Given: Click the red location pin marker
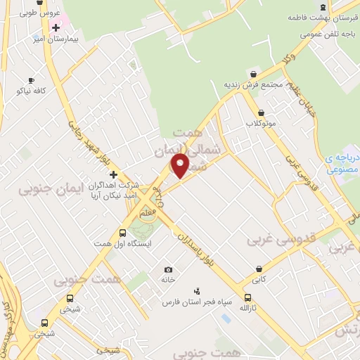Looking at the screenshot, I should click(x=180, y=165).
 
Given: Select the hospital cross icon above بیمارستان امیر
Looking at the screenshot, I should click(x=56, y=27).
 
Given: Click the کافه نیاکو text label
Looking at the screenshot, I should click(x=33, y=91).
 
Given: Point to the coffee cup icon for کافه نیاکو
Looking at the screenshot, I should click(x=31, y=81).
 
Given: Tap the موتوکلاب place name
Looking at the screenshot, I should click(x=262, y=123).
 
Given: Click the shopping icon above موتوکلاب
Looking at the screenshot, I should click(x=262, y=112).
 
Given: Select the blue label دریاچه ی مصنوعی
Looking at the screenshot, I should click(x=343, y=164).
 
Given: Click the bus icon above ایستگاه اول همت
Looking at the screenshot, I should click(x=123, y=233).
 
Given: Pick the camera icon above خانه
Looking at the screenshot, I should click(x=168, y=269).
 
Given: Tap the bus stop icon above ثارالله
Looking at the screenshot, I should click(x=247, y=298).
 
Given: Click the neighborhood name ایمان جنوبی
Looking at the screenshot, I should click(x=51, y=188).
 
